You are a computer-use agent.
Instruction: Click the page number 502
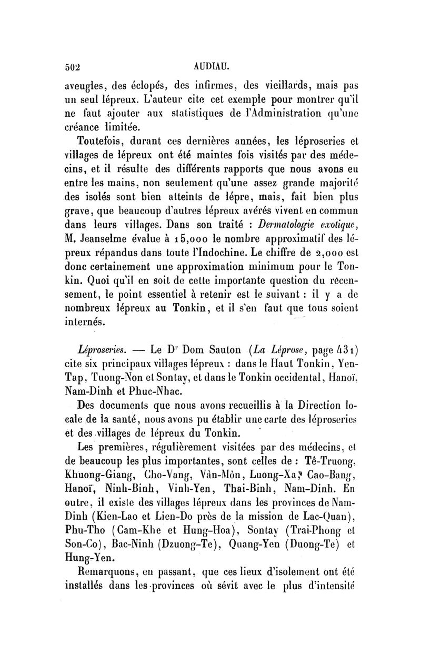(72, 67)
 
